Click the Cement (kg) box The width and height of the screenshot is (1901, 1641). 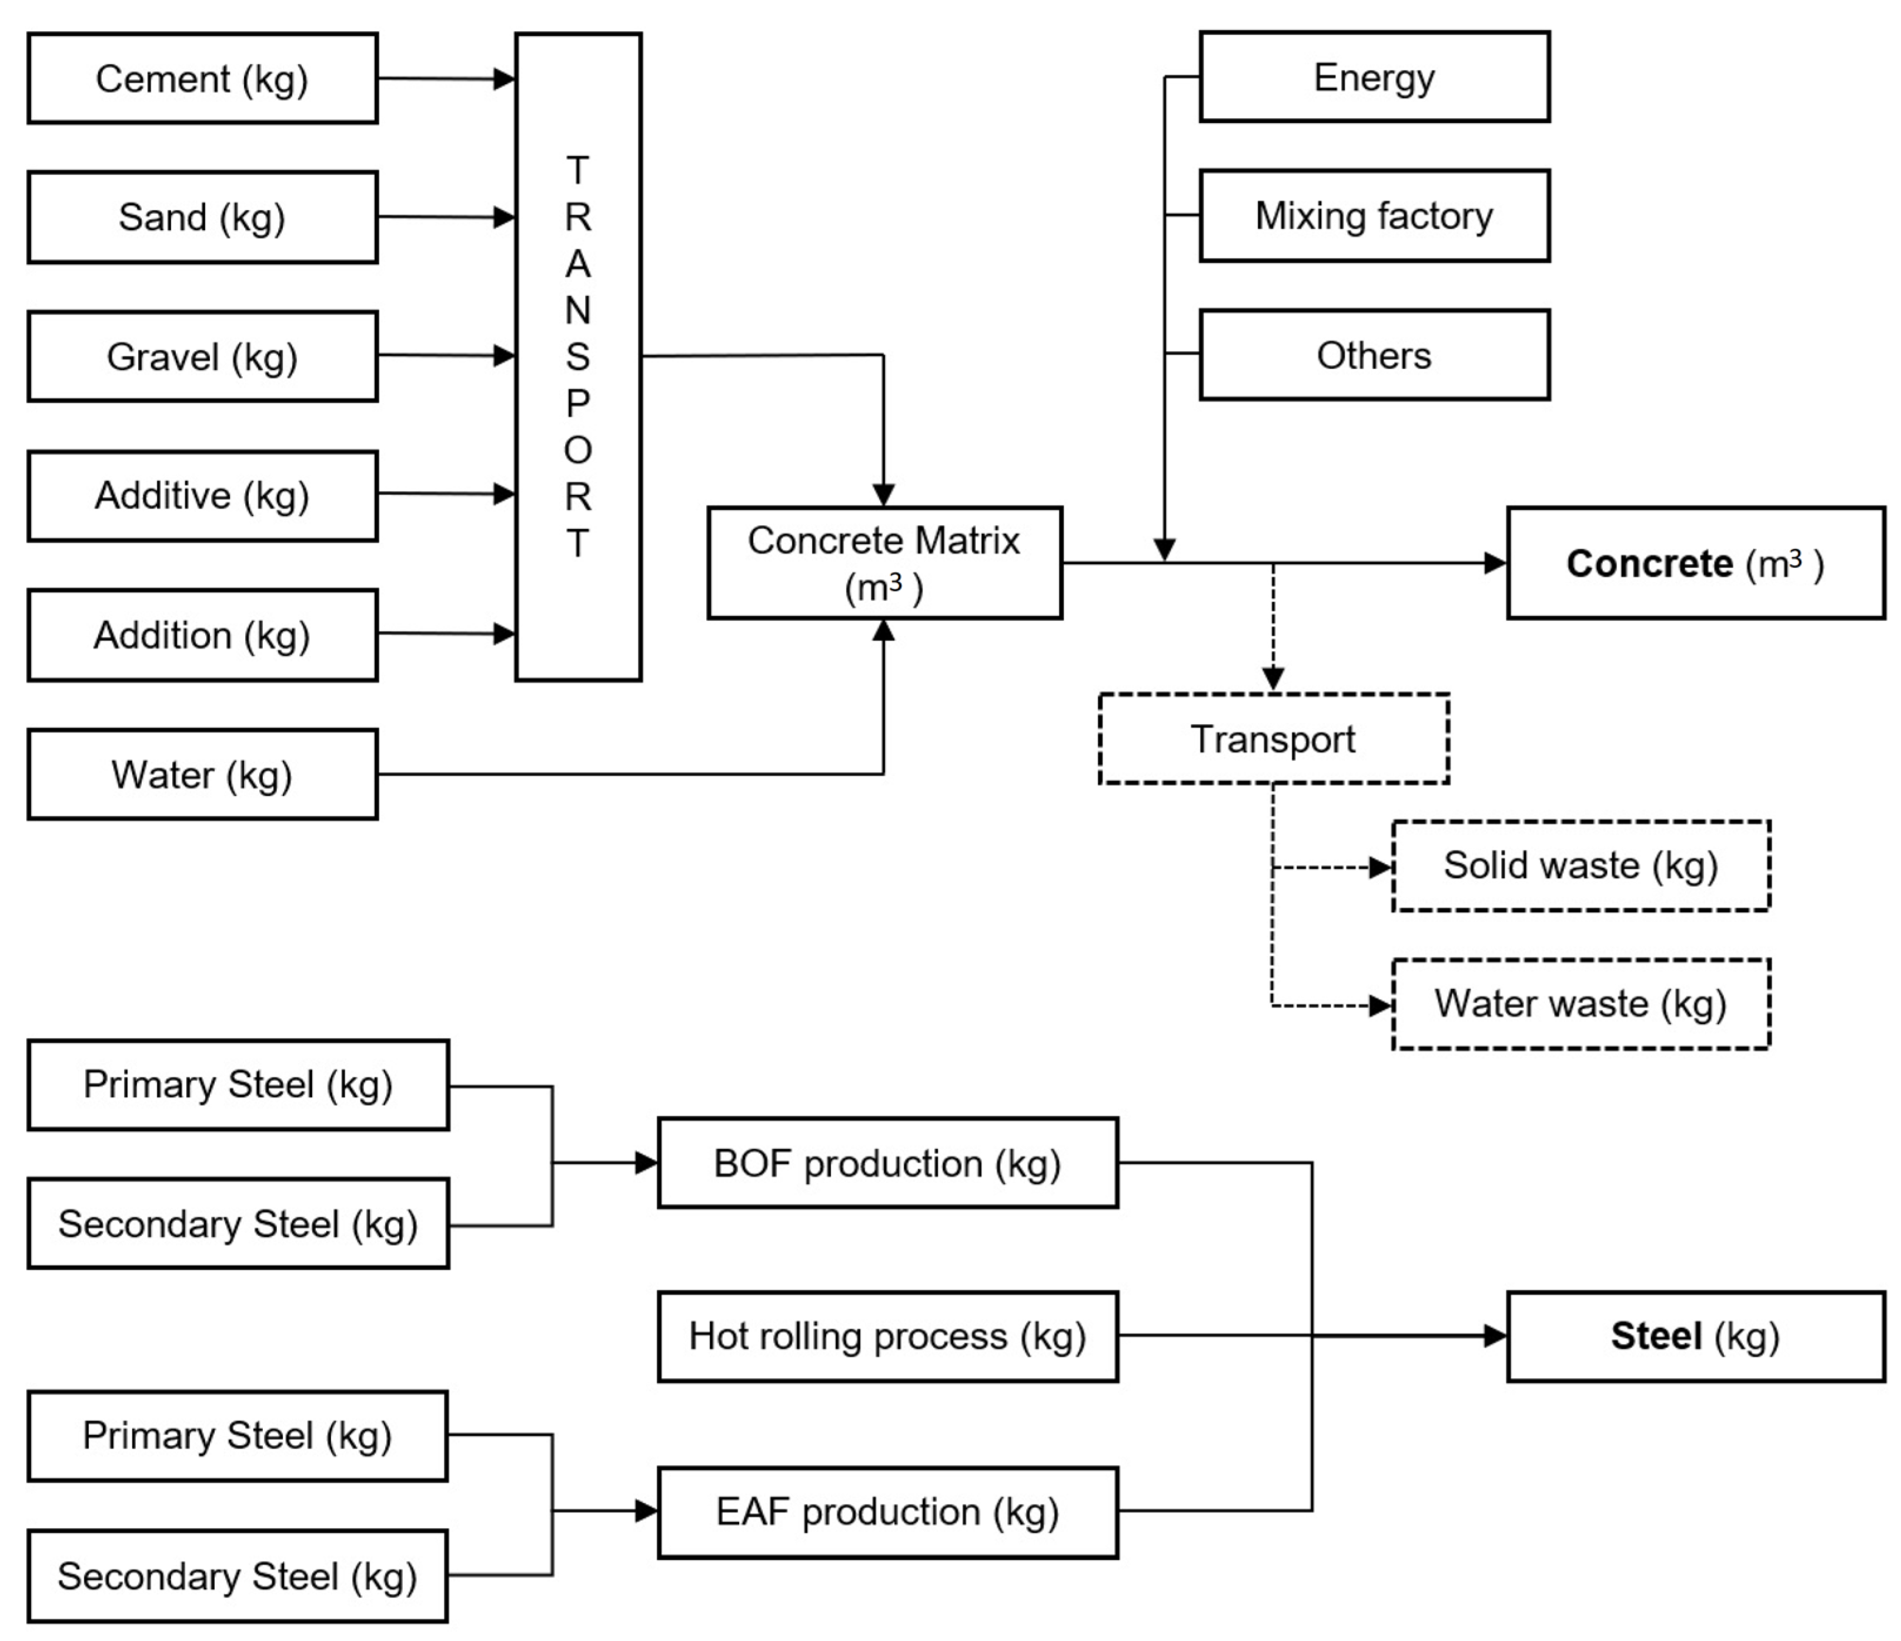202,79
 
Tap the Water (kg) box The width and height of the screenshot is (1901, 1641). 202,775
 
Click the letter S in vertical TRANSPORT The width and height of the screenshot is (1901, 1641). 577,357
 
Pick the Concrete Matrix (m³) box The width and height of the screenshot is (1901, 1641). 884,563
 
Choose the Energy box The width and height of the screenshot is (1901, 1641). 1374,77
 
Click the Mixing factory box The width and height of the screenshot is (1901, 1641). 1374,216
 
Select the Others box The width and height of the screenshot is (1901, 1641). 1374,355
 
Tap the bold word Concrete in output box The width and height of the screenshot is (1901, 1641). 1649,563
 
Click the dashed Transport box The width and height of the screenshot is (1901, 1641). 1274,739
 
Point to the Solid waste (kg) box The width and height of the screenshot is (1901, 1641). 1580,865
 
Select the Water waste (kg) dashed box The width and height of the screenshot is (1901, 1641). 1580,1003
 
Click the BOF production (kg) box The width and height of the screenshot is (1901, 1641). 887,1163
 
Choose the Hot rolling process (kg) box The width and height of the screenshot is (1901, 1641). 887,1336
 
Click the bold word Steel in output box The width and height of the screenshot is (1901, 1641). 1656,1336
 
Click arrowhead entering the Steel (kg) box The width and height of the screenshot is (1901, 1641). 1495,1336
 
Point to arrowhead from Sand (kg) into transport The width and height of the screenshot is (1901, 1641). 504,218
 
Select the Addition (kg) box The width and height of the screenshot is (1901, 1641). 202,635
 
